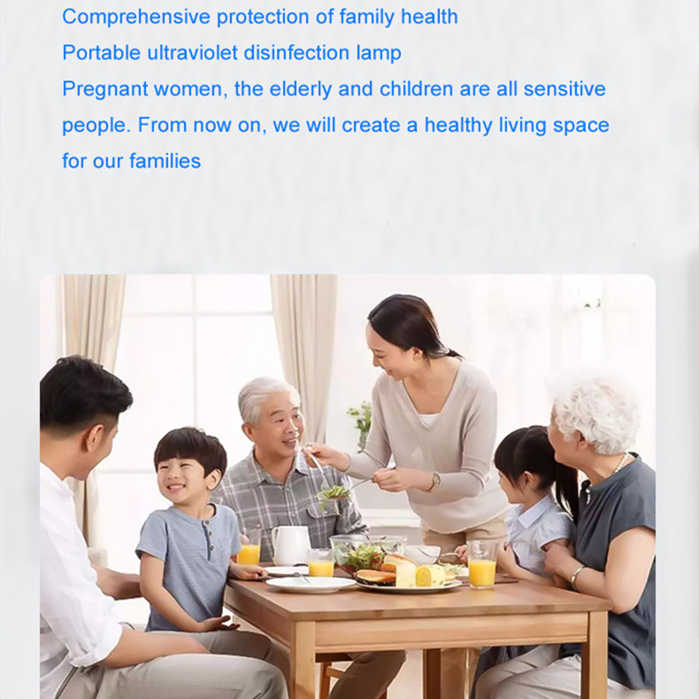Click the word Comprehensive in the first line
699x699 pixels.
click(x=136, y=18)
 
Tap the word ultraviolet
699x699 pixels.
click(x=192, y=52)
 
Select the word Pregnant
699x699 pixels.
click(x=104, y=89)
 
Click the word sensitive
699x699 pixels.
click(x=565, y=88)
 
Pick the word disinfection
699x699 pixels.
click(x=296, y=52)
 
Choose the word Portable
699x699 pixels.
click(x=101, y=52)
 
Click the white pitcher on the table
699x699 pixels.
click(x=290, y=545)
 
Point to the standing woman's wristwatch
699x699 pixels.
click(x=434, y=481)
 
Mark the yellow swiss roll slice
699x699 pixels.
click(x=430, y=575)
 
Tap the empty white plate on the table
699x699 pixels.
click(x=311, y=584)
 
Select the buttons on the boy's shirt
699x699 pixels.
click(x=207, y=532)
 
